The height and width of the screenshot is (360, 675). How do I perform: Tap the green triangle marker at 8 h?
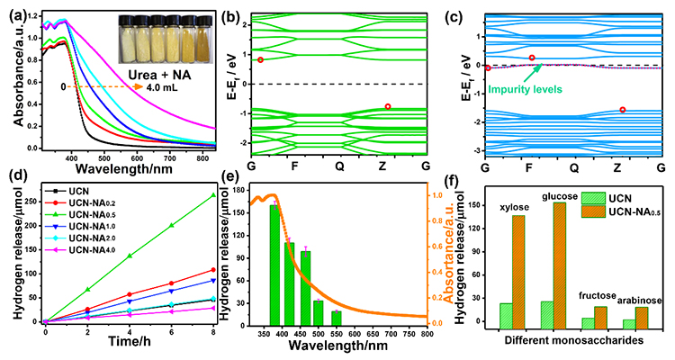click(212, 195)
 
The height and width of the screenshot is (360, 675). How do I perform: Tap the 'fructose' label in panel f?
click(598, 296)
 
